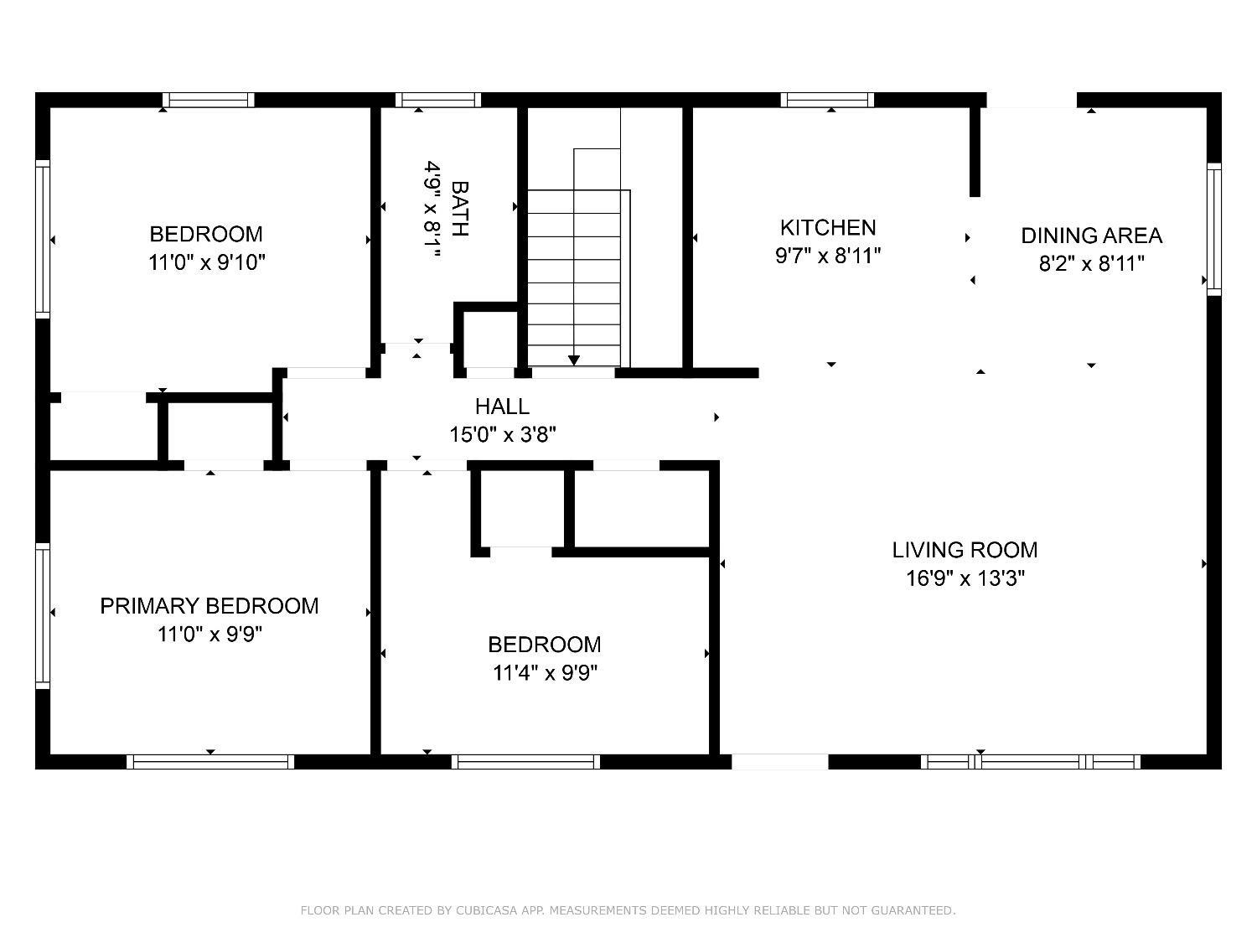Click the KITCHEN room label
click(x=828, y=227)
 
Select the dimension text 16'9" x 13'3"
click(x=965, y=578)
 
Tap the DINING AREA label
click(x=1091, y=236)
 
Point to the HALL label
click(x=502, y=407)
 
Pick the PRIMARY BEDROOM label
click(x=209, y=606)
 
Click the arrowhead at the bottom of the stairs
click(x=574, y=360)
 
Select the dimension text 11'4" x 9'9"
click(x=545, y=673)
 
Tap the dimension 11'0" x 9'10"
click(x=207, y=262)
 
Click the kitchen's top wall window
click(x=827, y=100)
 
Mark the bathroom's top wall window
click(x=437, y=100)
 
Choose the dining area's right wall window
click(x=1213, y=228)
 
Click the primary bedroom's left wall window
click(x=42, y=615)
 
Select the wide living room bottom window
click(x=1031, y=762)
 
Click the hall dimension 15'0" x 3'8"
click(x=503, y=435)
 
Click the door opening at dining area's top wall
click(x=1031, y=100)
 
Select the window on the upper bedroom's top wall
click(x=208, y=100)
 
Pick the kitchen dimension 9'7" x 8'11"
click(x=828, y=256)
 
